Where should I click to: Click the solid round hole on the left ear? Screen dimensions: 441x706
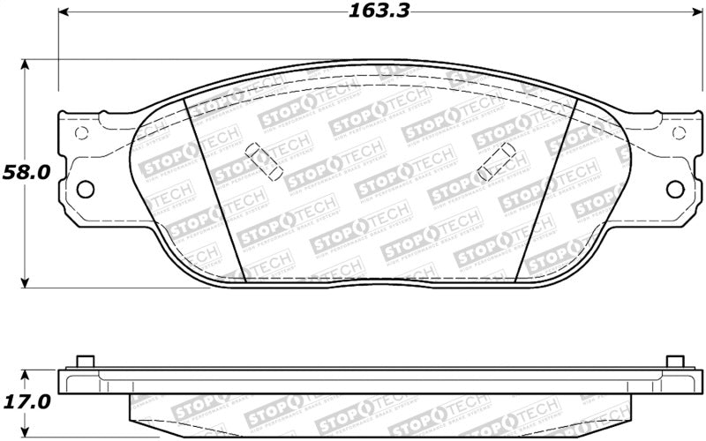point(86,188)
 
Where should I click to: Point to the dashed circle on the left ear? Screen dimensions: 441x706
point(81,134)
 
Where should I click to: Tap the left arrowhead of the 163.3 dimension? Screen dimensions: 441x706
point(64,13)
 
